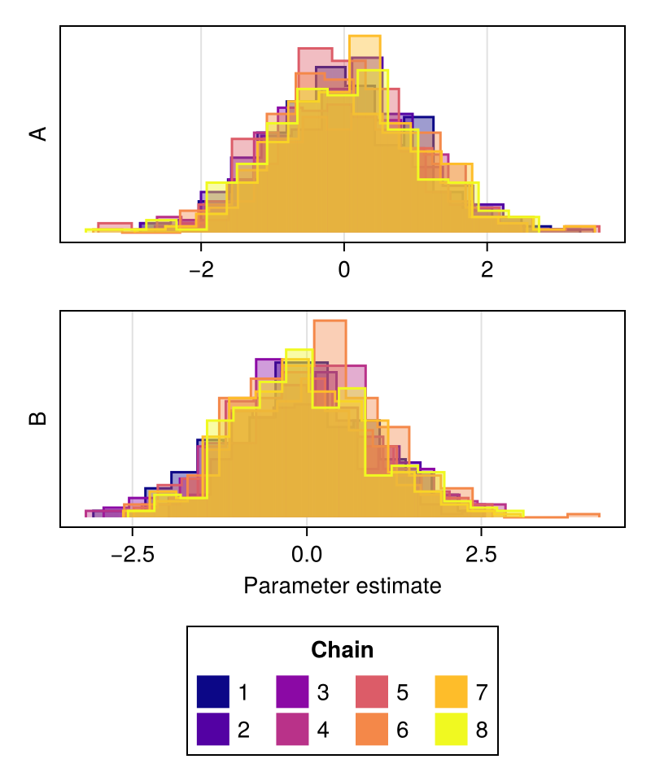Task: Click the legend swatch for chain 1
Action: [212, 692]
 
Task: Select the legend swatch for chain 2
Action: [212, 729]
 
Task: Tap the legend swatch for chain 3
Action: [292, 692]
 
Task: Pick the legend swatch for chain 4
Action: [292, 729]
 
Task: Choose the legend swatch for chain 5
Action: [372, 692]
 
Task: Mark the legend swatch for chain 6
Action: [372, 729]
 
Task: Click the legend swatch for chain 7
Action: [452, 692]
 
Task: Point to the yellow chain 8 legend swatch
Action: [452, 729]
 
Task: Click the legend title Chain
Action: [343, 650]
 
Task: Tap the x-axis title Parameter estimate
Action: [343, 586]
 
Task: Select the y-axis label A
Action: [38, 134]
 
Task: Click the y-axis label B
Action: [38, 419]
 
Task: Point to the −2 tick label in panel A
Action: [201, 269]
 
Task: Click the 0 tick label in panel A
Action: [344, 269]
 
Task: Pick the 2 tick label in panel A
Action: [487, 269]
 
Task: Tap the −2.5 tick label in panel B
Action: [133, 554]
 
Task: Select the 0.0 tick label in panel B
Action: [307, 554]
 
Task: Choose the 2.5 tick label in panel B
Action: [481, 554]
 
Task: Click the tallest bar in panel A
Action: [365, 134]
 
